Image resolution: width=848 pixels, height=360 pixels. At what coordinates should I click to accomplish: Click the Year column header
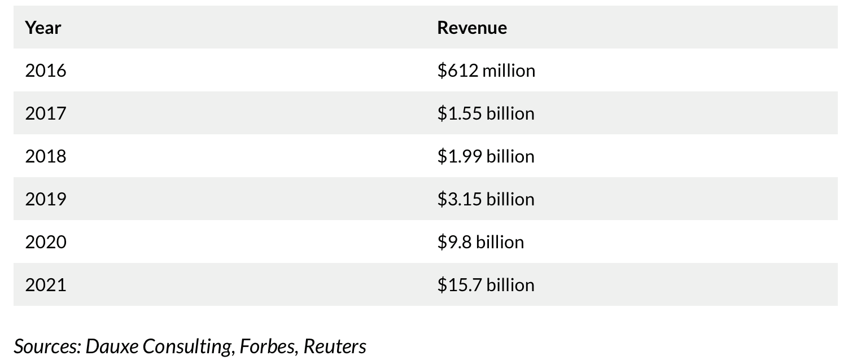pyautogui.click(x=43, y=28)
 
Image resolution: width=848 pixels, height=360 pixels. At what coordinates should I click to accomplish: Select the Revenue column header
pyautogui.click(x=471, y=28)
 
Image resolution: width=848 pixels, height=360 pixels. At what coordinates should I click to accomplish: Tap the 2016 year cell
pyautogui.click(x=45, y=71)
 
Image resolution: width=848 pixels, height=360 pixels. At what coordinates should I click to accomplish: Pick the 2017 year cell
pyautogui.click(x=45, y=113)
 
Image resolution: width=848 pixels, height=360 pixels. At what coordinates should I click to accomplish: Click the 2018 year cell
pyautogui.click(x=45, y=156)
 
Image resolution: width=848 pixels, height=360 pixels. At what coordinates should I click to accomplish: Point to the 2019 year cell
pyautogui.click(x=45, y=199)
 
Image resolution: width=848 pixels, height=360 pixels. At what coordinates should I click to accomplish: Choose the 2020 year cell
pyautogui.click(x=45, y=242)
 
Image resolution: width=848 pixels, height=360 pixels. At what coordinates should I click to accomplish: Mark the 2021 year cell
pyautogui.click(x=45, y=284)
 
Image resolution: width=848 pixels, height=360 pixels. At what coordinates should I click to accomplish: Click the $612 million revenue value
pyautogui.click(x=486, y=71)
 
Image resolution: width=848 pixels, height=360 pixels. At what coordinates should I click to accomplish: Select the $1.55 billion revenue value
pyautogui.click(x=485, y=113)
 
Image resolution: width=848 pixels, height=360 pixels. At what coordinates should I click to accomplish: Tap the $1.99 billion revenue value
pyautogui.click(x=485, y=156)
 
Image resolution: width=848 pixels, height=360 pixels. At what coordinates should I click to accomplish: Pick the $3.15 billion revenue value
pyautogui.click(x=485, y=199)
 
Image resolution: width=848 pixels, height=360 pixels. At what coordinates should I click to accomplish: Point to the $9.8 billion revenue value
pyautogui.click(x=480, y=242)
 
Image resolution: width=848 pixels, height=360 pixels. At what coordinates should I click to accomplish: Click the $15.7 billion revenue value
pyautogui.click(x=485, y=284)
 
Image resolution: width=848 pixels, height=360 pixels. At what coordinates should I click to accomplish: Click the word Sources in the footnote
pyautogui.click(x=47, y=346)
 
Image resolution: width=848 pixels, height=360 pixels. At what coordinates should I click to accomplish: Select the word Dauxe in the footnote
pyautogui.click(x=112, y=346)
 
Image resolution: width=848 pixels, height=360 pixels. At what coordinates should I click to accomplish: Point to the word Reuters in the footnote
pyautogui.click(x=335, y=346)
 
